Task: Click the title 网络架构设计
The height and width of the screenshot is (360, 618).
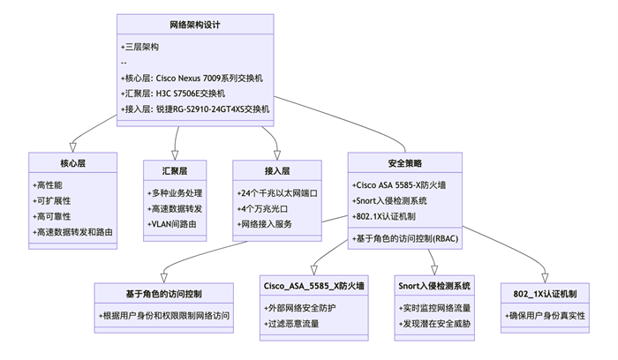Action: (195, 25)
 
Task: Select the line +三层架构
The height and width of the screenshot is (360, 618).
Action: (139, 47)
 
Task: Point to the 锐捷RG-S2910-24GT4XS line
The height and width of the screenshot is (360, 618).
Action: (194, 109)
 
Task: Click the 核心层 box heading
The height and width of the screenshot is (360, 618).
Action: (73, 163)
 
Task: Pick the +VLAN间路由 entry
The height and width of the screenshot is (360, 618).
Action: (175, 224)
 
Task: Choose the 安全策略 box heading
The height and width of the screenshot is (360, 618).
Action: (405, 163)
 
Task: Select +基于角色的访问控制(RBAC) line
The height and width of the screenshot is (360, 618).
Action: (405, 238)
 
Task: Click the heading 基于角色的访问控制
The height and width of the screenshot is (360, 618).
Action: (165, 292)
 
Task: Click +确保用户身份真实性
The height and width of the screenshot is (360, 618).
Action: (545, 315)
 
